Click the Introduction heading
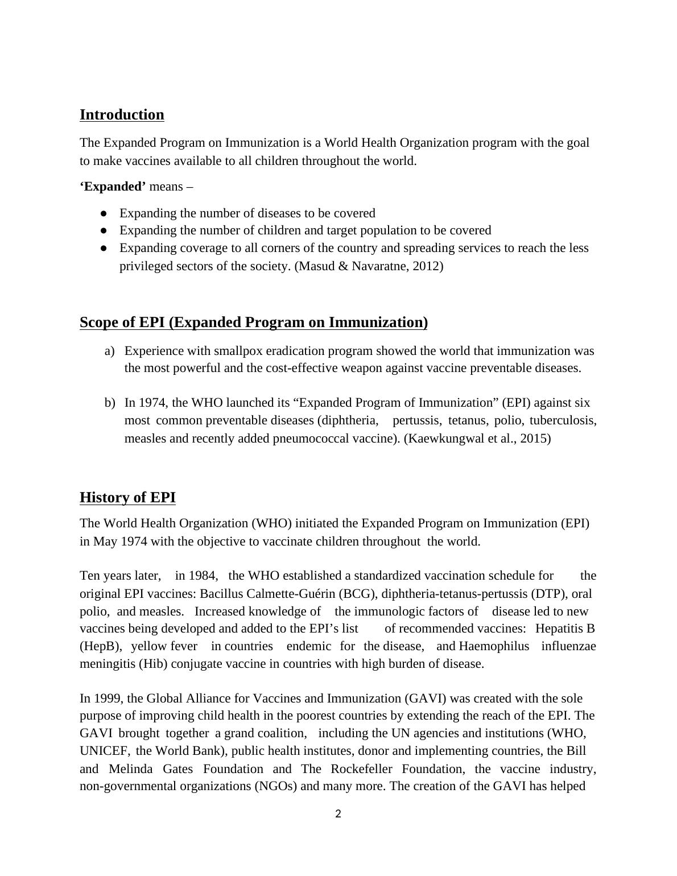coord(122,115)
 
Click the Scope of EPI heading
coord(253,323)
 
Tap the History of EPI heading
coord(127,498)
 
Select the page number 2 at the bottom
coord(338,814)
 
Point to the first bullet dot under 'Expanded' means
coord(104,213)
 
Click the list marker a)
coord(109,351)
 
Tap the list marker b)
coord(109,403)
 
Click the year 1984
coord(203,576)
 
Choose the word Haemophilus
coord(493,647)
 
